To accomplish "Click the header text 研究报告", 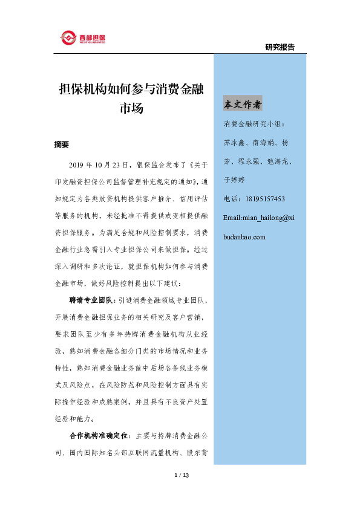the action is coord(280,47).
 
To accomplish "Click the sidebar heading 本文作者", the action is coord(243,105).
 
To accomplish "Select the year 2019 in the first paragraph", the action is coord(79,164).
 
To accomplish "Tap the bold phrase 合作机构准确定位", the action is coord(97,435).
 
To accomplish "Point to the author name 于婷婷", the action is coord(235,180).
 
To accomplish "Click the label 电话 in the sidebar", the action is coord(231,198).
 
